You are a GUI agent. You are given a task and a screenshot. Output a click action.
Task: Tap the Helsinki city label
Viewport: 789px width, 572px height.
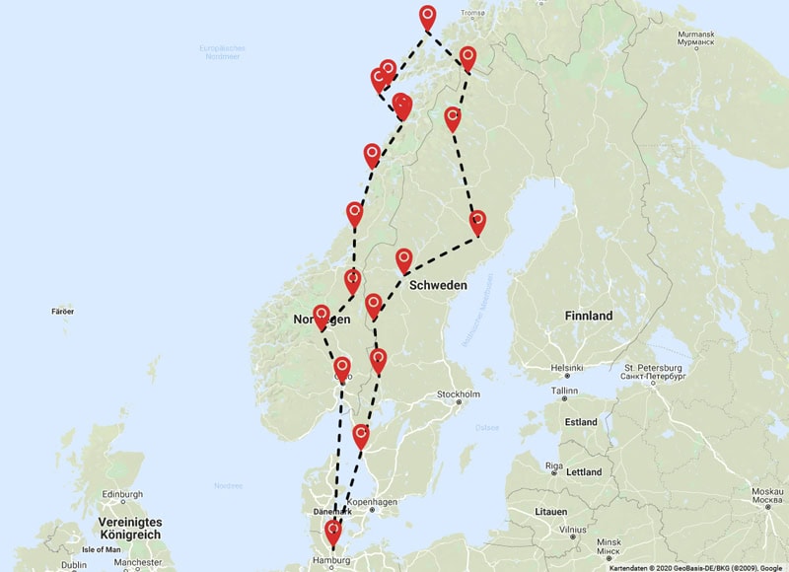click(x=567, y=369)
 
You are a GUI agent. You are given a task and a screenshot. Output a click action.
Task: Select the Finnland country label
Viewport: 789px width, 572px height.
click(x=589, y=316)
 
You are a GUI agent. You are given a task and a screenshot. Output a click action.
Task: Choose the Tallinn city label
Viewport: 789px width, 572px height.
click(x=564, y=391)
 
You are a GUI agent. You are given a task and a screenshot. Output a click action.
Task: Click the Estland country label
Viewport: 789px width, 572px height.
click(x=581, y=422)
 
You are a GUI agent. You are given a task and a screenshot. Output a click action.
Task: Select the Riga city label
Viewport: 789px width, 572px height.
click(x=554, y=465)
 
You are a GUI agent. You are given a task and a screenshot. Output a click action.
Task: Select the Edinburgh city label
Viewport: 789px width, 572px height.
click(x=120, y=495)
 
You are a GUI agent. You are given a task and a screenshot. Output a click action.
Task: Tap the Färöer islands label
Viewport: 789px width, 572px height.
click(x=62, y=312)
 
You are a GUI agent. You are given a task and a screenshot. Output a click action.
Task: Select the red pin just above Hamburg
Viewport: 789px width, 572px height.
click(x=333, y=533)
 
